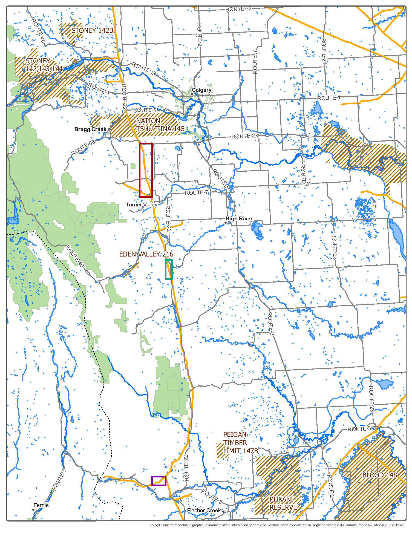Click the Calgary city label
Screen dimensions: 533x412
click(201, 90)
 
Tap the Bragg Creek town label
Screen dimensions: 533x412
click(90, 129)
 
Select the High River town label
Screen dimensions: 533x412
click(239, 218)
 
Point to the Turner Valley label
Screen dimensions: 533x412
click(141, 204)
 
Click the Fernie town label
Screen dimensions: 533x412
click(41, 505)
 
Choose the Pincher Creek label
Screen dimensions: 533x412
click(204, 510)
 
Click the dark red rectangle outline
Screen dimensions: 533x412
click(140, 170)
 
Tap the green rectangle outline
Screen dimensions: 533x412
click(166, 269)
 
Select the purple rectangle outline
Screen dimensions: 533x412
click(159, 477)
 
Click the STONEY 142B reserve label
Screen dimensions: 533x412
click(92, 30)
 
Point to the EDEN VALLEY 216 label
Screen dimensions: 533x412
click(146, 254)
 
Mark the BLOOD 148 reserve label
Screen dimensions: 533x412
click(379, 475)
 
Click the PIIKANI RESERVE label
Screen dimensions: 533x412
click(283, 503)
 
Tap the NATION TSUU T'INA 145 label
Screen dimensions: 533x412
click(160, 125)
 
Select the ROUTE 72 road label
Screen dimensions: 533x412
click(238, 9)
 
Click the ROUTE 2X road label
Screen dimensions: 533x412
click(245, 136)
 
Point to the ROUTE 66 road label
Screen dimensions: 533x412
click(83, 148)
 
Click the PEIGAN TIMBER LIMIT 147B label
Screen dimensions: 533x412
click(240, 443)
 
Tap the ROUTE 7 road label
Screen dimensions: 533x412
click(196, 193)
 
